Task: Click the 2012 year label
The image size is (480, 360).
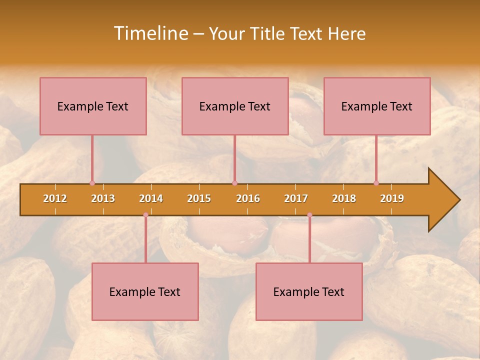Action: click(x=55, y=198)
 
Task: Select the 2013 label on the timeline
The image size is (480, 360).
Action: click(x=103, y=198)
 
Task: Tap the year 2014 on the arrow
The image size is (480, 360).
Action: click(x=151, y=198)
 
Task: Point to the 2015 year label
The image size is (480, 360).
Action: click(x=199, y=198)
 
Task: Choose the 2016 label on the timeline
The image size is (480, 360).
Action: click(x=248, y=198)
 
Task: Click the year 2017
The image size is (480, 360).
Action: click(x=296, y=198)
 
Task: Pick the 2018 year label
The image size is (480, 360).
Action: click(x=344, y=198)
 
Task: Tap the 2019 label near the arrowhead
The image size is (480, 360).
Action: click(x=392, y=198)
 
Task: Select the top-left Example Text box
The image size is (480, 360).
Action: click(x=93, y=106)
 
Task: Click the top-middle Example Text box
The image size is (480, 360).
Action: click(x=235, y=106)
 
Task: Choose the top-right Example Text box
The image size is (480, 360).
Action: click(x=377, y=106)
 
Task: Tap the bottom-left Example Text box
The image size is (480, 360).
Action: click(x=145, y=291)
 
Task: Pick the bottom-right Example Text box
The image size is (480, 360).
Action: click(x=309, y=291)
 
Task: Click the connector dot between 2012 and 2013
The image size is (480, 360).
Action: click(x=92, y=183)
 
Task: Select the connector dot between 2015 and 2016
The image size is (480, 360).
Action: click(x=234, y=183)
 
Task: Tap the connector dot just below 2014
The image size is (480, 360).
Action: click(x=145, y=215)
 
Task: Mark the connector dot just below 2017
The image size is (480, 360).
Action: click(x=309, y=215)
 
